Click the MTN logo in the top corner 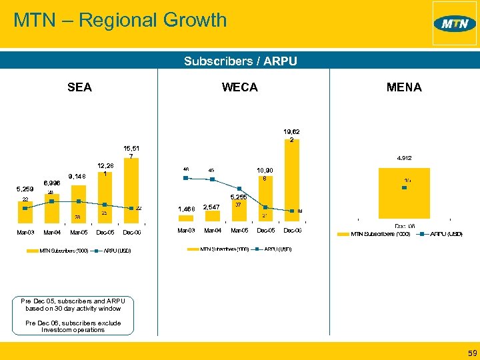tap(455, 24)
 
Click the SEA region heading tap(79, 87)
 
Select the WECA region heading tap(239, 87)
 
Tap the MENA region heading tap(404, 87)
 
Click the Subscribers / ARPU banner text tap(240, 61)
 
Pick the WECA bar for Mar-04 tap(212, 219)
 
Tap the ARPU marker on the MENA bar tap(404, 188)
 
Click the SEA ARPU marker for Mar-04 tap(52, 201)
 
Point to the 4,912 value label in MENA tap(403, 158)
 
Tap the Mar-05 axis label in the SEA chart tap(79, 232)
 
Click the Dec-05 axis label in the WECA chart tap(265, 231)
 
